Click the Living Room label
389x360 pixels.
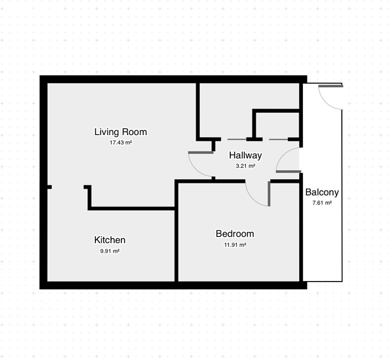click(121, 132)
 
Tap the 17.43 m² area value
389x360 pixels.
click(121, 143)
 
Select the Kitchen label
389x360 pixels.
click(110, 240)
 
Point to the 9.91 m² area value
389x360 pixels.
click(110, 251)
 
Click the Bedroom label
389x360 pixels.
click(235, 234)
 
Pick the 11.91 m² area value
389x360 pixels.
click(235, 245)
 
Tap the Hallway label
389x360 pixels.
click(245, 155)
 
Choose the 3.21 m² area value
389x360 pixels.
click(245, 166)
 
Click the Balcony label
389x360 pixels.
click(322, 192)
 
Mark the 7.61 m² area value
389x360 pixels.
click(322, 203)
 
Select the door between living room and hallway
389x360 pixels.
click(201, 164)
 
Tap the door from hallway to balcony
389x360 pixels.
click(288, 160)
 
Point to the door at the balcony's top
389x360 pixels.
click(331, 97)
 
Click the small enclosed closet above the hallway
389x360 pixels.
click(277, 125)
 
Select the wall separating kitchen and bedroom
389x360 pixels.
click(177, 231)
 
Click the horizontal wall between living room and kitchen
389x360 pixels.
click(132, 209)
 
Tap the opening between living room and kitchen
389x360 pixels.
click(68, 187)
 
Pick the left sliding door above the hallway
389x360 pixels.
click(237, 140)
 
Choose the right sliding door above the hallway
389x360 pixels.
click(278, 140)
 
